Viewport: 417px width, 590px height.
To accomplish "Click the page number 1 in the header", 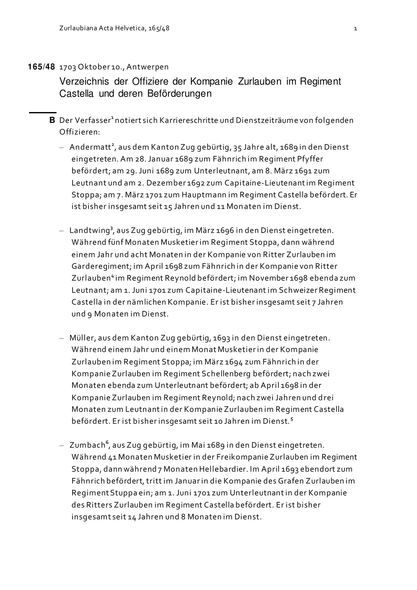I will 355,29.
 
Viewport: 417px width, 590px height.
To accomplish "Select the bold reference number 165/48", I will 41,67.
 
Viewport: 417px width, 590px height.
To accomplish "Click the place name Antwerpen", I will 147,67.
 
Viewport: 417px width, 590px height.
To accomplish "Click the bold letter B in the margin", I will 52,120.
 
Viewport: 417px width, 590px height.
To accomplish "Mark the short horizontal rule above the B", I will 43,112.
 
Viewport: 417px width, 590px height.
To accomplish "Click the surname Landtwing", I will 89,231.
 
